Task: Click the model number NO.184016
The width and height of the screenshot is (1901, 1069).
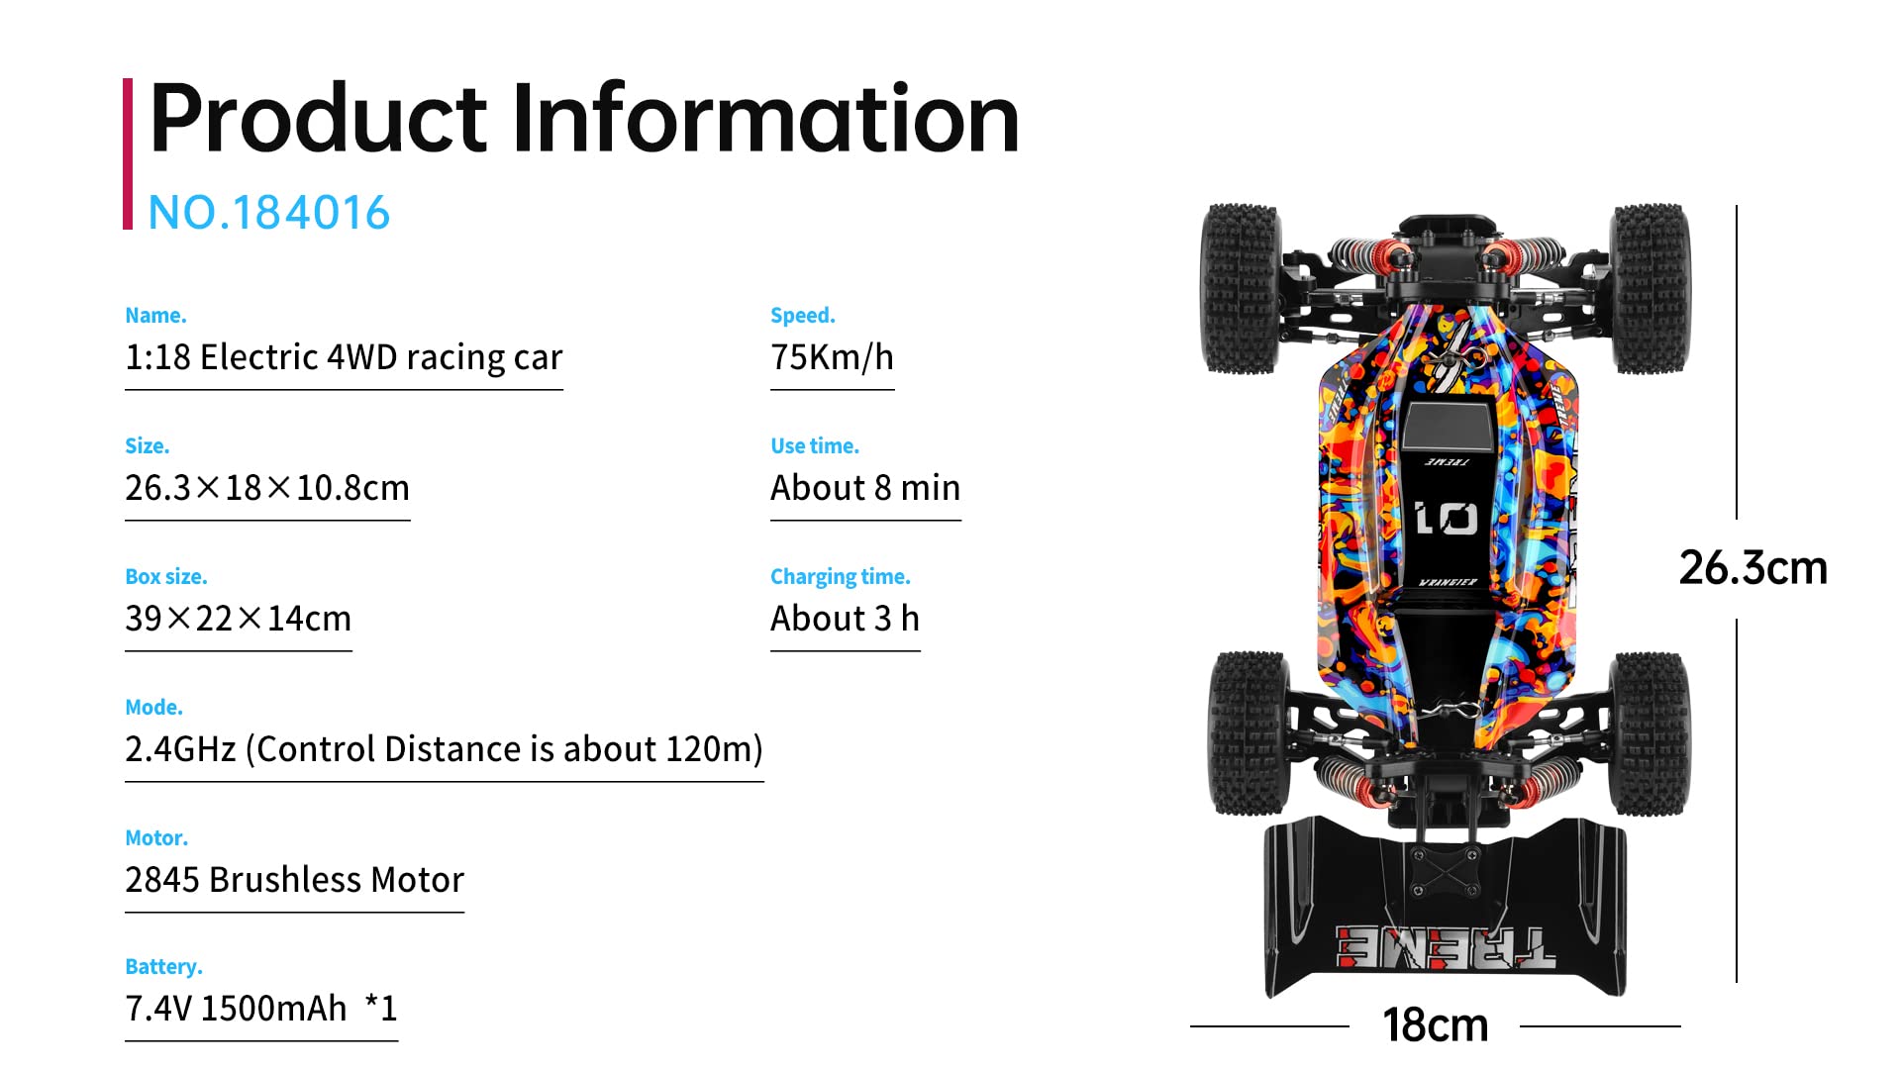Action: [x=268, y=213]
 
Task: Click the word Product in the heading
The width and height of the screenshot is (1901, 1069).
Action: [x=318, y=120]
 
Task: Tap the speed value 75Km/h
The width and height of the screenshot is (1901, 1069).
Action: [x=832, y=357]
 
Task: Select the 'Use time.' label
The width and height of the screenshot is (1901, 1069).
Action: [x=814, y=446]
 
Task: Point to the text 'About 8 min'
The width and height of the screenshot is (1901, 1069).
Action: [x=865, y=488]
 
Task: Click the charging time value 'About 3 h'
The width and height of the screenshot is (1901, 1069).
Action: [x=845, y=619]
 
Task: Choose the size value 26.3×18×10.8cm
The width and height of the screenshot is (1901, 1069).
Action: [x=267, y=488]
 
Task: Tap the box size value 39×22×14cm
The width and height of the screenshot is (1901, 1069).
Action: [x=238, y=619]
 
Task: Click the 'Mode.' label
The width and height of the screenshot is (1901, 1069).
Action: [x=153, y=708]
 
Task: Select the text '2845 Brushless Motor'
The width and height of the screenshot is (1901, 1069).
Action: [x=294, y=880]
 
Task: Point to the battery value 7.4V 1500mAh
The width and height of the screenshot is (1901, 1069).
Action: [x=236, y=1009]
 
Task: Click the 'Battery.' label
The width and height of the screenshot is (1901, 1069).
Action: [x=163, y=967]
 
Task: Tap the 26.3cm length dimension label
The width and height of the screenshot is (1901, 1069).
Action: [x=1752, y=569]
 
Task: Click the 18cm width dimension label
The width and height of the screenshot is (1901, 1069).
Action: [x=1435, y=1025]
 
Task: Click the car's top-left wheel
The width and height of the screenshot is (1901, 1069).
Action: [x=1240, y=289]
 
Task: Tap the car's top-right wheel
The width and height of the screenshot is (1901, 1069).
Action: [x=1650, y=289]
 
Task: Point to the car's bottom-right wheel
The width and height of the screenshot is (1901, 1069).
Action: [x=1650, y=732]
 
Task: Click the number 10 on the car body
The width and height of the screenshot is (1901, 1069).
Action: [x=1446, y=519]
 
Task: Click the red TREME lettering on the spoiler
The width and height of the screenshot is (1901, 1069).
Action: [x=1445, y=948]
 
